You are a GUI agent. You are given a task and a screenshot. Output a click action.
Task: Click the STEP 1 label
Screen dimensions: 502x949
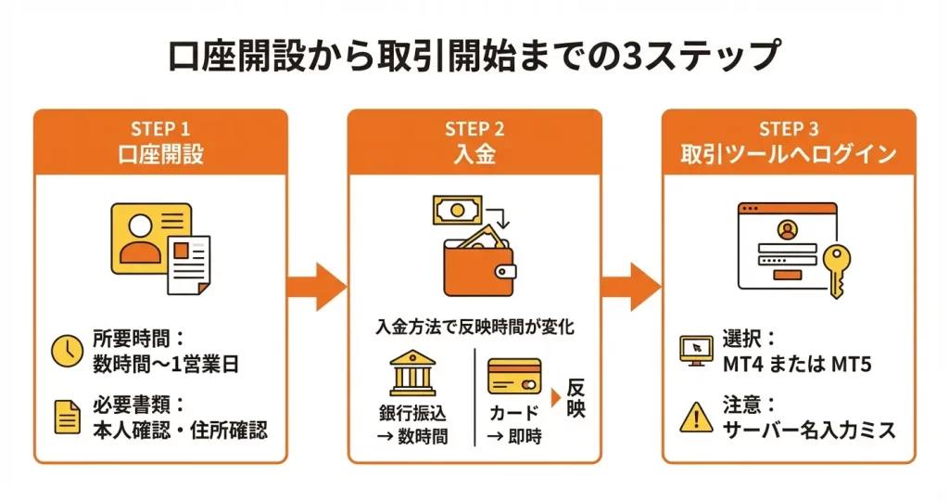coord(160,129)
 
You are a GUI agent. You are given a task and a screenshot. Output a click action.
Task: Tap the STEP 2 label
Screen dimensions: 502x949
coord(474,129)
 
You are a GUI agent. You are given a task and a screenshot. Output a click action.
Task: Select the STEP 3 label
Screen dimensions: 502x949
coord(789,129)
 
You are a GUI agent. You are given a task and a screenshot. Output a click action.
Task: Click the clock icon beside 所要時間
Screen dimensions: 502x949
coord(67,350)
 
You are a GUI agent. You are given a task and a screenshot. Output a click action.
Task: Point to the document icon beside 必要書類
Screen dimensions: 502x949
coord(67,418)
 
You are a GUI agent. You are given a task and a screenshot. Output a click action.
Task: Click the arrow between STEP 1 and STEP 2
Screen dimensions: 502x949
coord(317,287)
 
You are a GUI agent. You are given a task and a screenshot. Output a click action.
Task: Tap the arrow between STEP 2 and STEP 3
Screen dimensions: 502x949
coord(631,287)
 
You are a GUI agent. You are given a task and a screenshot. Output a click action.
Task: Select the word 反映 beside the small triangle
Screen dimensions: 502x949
coord(576,397)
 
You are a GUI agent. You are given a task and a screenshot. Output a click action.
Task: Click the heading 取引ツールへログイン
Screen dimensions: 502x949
coord(789,154)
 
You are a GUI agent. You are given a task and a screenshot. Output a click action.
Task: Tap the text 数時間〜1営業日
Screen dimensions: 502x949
coord(166,364)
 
